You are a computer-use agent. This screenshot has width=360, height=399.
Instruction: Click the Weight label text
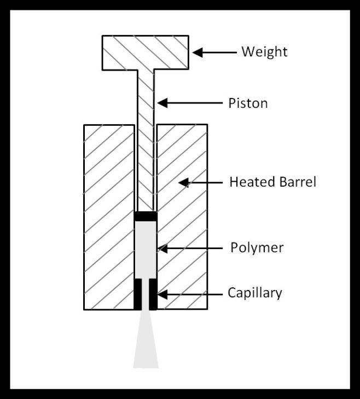click(264, 52)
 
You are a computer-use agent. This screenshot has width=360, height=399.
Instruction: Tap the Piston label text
click(248, 103)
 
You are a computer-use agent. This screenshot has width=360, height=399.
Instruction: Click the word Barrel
click(298, 182)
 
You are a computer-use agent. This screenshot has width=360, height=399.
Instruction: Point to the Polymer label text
click(257, 247)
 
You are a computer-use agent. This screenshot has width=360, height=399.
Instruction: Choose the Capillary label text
click(255, 293)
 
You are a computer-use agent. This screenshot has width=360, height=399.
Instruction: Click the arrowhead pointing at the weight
click(198, 53)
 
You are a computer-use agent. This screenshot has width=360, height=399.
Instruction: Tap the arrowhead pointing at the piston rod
click(162, 103)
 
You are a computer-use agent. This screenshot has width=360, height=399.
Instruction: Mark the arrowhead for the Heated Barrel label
click(184, 182)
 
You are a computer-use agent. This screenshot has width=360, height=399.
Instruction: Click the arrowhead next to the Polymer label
click(162, 248)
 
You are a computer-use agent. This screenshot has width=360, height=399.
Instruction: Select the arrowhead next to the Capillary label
click(162, 294)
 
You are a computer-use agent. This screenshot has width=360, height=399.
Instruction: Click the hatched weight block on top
click(146, 53)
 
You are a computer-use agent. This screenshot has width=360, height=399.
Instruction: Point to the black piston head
click(146, 216)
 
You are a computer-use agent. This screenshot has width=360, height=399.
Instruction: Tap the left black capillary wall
click(138, 294)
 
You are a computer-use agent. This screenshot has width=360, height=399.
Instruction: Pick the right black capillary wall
click(153, 294)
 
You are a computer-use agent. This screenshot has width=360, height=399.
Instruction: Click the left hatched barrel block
click(109, 217)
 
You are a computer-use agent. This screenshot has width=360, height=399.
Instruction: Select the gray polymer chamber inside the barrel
click(146, 250)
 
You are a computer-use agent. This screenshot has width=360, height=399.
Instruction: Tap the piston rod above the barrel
click(146, 97)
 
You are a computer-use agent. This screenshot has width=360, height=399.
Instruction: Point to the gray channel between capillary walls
click(146, 294)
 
